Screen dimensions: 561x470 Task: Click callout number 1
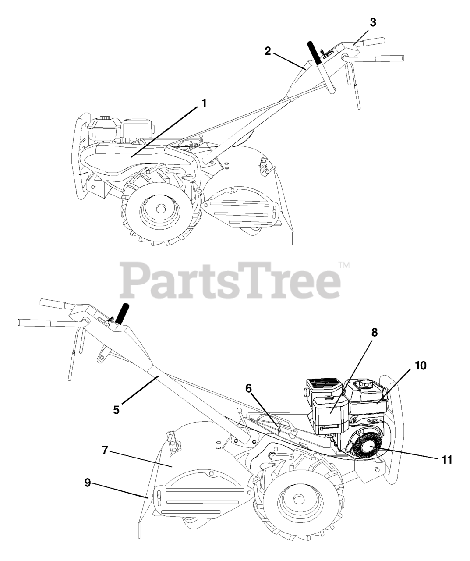click(204, 103)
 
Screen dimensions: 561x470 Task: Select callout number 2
click(268, 51)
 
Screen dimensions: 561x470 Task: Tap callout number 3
click(373, 23)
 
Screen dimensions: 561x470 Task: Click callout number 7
click(105, 450)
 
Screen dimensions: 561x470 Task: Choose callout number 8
click(374, 332)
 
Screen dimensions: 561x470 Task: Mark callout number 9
click(88, 483)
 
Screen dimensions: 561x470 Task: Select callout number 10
click(421, 366)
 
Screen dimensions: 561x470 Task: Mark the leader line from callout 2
click(289, 60)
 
